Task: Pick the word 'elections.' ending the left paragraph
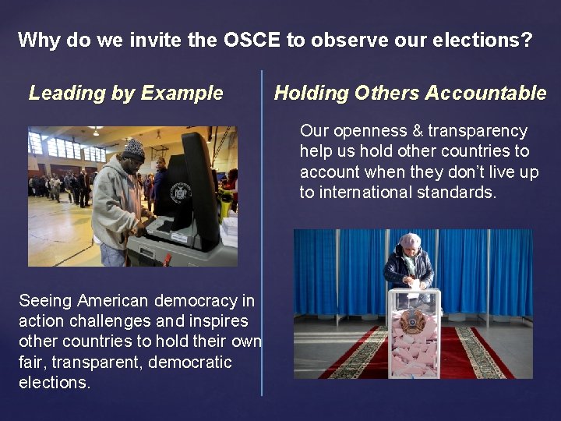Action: (x=55, y=382)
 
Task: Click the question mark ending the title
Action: (x=527, y=40)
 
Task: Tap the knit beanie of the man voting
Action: (x=134, y=148)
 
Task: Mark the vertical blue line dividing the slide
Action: (x=262, y=234)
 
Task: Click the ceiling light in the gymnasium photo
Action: (x=95, y=129)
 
